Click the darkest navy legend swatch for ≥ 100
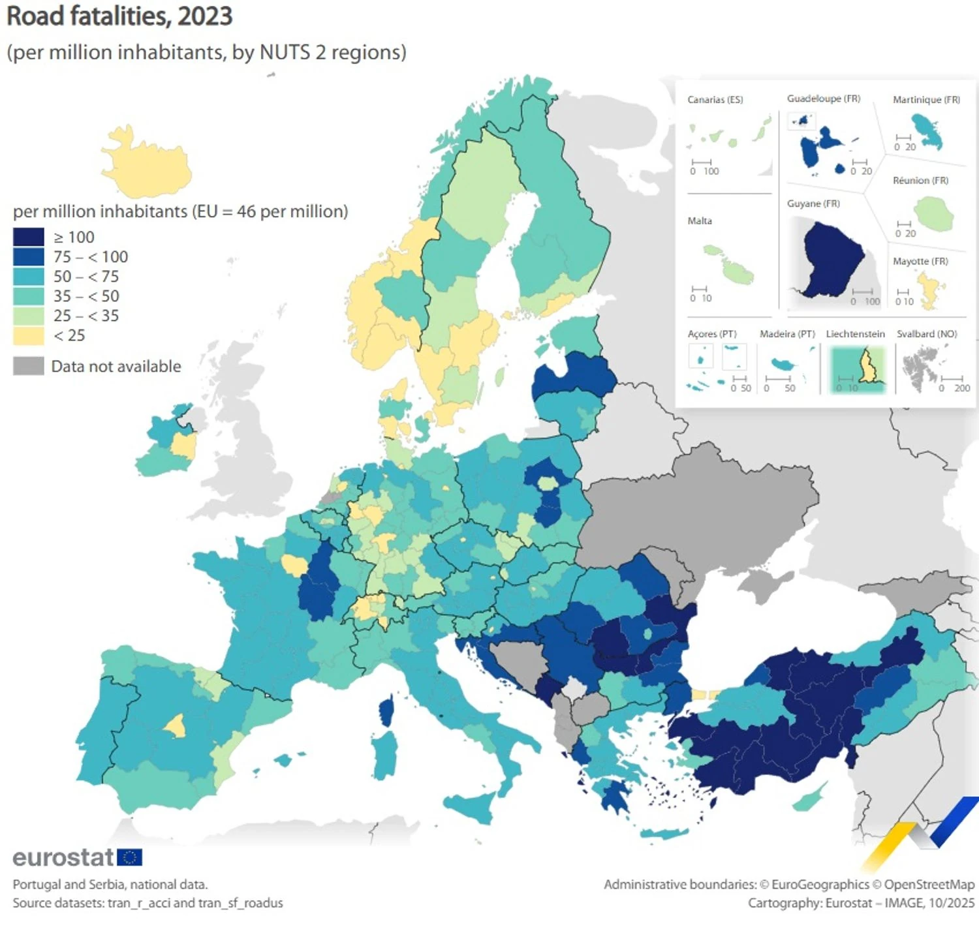coord(29,237)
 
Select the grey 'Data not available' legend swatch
coord(29,366)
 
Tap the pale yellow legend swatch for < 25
coord(29,335)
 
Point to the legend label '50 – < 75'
coord(86,277)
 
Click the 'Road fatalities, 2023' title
coord(119,16)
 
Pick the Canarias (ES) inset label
coord(715,100)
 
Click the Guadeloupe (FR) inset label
coord(824,99)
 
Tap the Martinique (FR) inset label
coord(926,100)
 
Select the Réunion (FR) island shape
coord(934,213)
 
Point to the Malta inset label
coord(700,221)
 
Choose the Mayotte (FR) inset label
coord(920,261)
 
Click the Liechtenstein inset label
coord(855,334)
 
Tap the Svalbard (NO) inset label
coord(927,334)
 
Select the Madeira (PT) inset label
coord(787,334)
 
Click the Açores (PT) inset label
coord(711,334)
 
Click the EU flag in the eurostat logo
coord(129,857)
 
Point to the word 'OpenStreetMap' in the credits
coord(929,885)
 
